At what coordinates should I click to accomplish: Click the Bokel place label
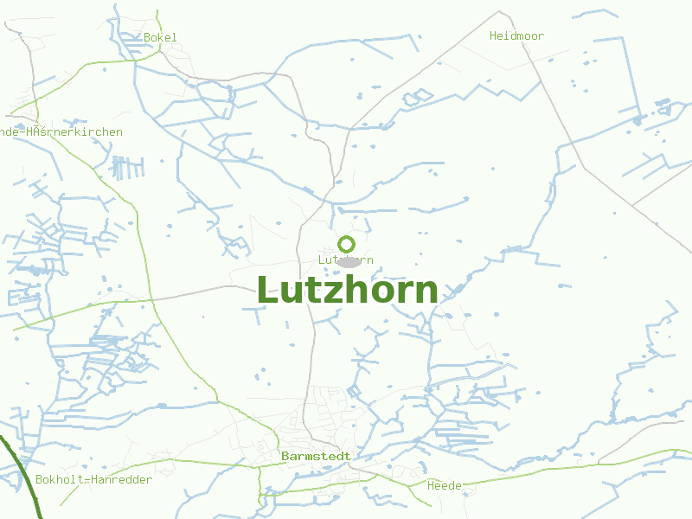tap(160, 37)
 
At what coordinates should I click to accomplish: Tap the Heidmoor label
tap(516, 35)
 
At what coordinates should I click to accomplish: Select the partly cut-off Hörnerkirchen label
tap(61, 132)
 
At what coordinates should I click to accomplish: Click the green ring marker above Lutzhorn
tap(347, 244)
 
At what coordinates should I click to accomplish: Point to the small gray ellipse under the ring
tap(349, 261)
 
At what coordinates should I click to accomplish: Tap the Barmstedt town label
tap(316, 456)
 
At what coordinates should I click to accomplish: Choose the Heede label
tap(445, 485)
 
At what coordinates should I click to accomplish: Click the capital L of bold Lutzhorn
tap(268, 290)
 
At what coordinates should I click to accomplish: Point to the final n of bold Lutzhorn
tap(426, 293)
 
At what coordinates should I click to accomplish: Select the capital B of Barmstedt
tap(285, 456)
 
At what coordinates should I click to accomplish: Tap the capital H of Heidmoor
tap(493, 35)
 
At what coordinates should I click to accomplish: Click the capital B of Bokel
tap(147, 37)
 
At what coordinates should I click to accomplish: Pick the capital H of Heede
tap(431, 485)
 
